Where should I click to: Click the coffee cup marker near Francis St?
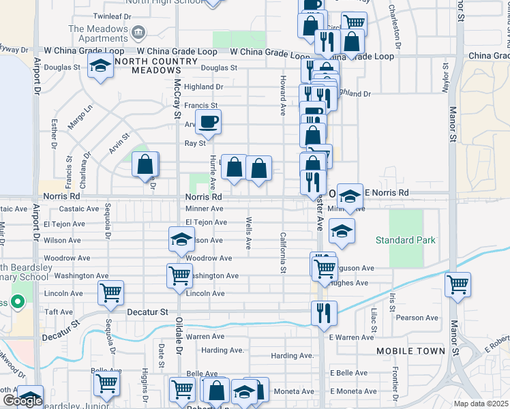pos(208,122)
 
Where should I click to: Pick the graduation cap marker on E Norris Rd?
pos(350,196)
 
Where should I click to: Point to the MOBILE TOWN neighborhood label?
pos(410,351)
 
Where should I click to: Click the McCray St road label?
pos(177,95)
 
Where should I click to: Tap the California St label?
pos(283,253)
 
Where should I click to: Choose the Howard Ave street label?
pos(282,96)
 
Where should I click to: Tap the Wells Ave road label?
pos(249,234)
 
